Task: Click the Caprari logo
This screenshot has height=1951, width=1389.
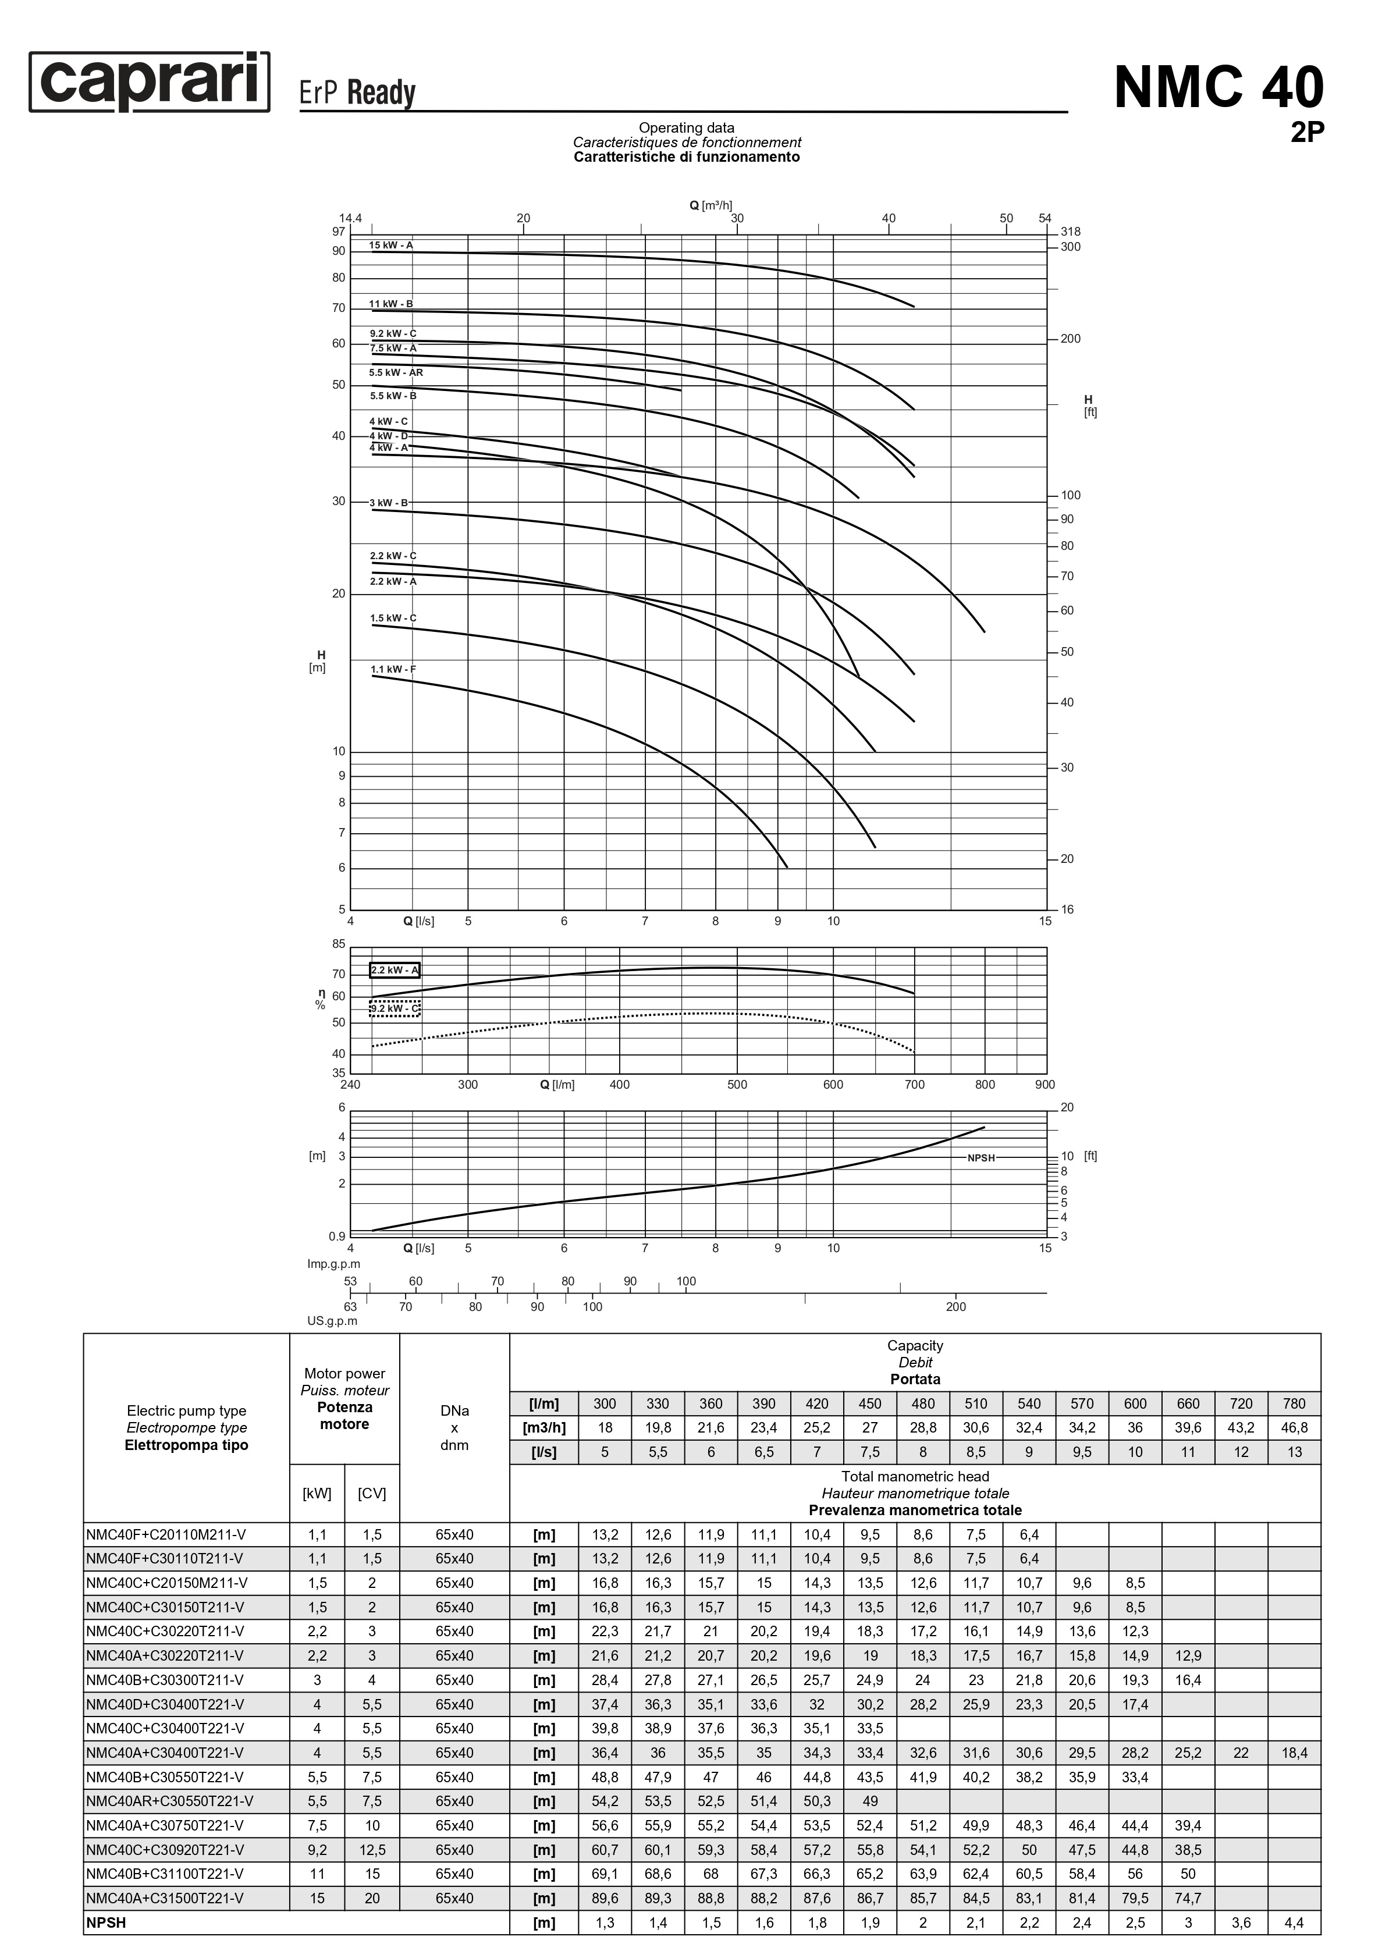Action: (150, 82)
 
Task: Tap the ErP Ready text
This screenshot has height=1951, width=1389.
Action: (357, 93)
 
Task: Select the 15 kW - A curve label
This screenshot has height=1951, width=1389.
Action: (391, 246)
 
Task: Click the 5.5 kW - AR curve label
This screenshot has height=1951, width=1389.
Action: (396, 373)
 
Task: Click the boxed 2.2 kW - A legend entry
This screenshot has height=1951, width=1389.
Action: (395, 970)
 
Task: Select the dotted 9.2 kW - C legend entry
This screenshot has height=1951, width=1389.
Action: (395, 1008)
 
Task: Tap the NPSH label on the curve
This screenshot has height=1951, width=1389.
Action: (981, 1157)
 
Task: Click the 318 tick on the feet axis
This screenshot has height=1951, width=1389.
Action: (1070, 232)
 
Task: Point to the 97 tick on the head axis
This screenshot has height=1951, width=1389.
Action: (339, 232)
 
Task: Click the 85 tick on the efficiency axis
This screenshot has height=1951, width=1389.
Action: (339, 944)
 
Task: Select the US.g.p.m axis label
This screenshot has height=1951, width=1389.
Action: (333, 1321)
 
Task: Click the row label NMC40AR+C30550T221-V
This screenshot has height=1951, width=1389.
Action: (170, 1800)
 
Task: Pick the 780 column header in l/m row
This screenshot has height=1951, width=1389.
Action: (1294, 1403)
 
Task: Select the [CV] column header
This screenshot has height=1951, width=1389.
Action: (371, 1494)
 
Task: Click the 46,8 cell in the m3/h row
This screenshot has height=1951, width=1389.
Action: (1294, 1427)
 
